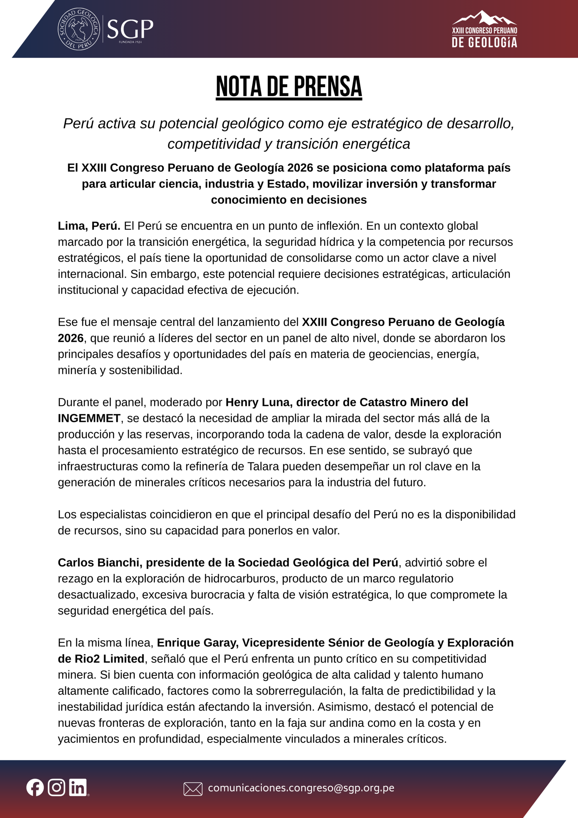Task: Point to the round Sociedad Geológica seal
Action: (79, 29)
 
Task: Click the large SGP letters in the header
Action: (130, 29)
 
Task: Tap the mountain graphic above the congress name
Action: (484, 18)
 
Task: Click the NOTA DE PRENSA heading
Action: (289, 87)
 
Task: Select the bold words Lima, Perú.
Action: (89, 226)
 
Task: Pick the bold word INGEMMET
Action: (89, 418)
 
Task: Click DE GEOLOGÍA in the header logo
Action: (484, 43)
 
